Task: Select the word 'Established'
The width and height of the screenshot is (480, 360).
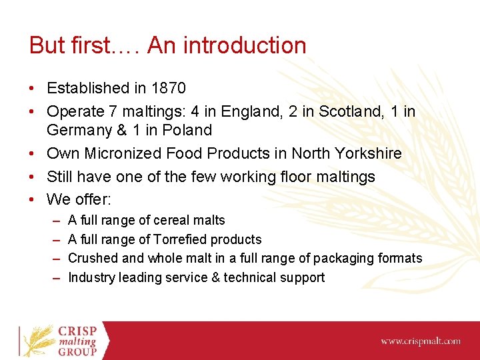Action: point(87,88)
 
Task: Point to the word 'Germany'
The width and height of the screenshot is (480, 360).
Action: point(77,130)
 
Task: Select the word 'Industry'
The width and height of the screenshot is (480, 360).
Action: point(91,277)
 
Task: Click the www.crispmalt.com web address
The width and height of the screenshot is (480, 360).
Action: point(420,341)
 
